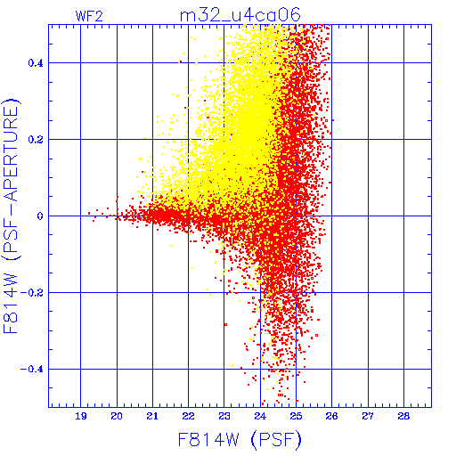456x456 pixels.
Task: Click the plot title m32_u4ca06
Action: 240,15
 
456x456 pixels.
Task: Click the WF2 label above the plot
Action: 89,16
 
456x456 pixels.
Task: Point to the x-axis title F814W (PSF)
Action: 240,439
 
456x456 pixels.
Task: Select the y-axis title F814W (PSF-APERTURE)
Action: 12,216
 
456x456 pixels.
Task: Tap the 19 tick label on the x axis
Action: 81,416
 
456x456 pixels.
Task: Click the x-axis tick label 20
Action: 117,416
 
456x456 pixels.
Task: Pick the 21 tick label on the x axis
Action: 152,416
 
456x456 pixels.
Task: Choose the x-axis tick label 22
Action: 188,416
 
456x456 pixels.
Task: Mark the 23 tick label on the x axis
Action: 224,416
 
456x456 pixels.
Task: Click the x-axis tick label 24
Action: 260,416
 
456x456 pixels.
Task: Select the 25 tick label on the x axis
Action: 296,416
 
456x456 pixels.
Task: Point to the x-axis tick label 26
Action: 331,416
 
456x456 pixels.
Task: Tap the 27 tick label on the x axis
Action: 368,416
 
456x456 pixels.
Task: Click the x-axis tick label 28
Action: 403,416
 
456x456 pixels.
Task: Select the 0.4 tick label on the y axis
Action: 36,63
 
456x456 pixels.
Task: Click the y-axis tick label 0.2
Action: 36,140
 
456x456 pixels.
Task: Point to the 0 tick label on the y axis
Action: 40,216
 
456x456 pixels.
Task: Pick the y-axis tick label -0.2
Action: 32,293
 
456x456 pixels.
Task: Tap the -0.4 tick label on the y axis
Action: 32,370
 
